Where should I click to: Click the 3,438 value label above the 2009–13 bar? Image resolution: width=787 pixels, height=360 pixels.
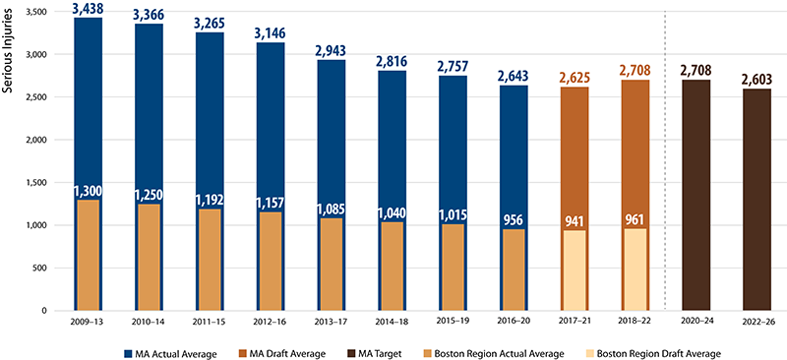pos(87,9)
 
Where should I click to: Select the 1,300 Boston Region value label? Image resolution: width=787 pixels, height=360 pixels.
pos(87,190)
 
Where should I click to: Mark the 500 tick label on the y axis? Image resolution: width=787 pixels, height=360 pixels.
pos(42,268)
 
